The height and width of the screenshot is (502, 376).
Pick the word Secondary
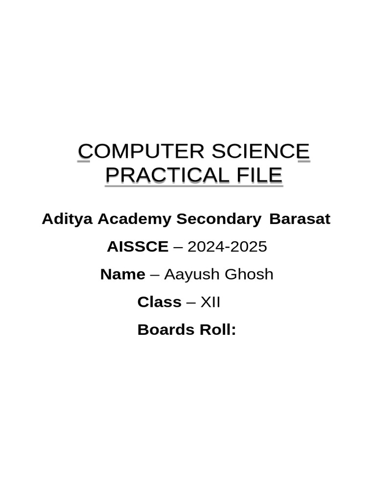point(219,219)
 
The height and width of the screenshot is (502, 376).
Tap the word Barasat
point(300,219)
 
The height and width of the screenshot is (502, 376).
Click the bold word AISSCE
point(138,247)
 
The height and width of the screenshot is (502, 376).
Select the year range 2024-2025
point(227,247)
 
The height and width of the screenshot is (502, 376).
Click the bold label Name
point(122,275)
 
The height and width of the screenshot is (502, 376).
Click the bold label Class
point(159,302)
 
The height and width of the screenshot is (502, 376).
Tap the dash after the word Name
point(155,275)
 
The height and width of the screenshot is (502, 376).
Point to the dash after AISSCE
point(178,247)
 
